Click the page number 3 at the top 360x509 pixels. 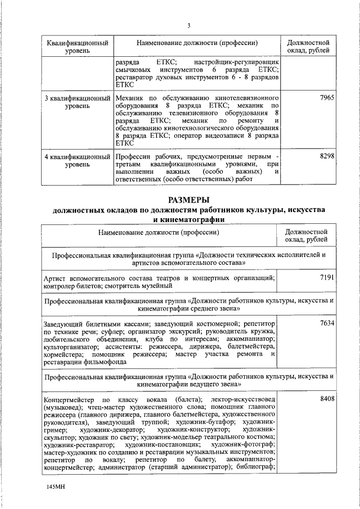pos(189,26)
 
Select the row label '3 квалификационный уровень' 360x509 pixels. pos(75,102)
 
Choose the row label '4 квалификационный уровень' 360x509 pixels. pos(75,160)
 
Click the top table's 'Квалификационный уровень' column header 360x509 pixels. pos(75,47)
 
